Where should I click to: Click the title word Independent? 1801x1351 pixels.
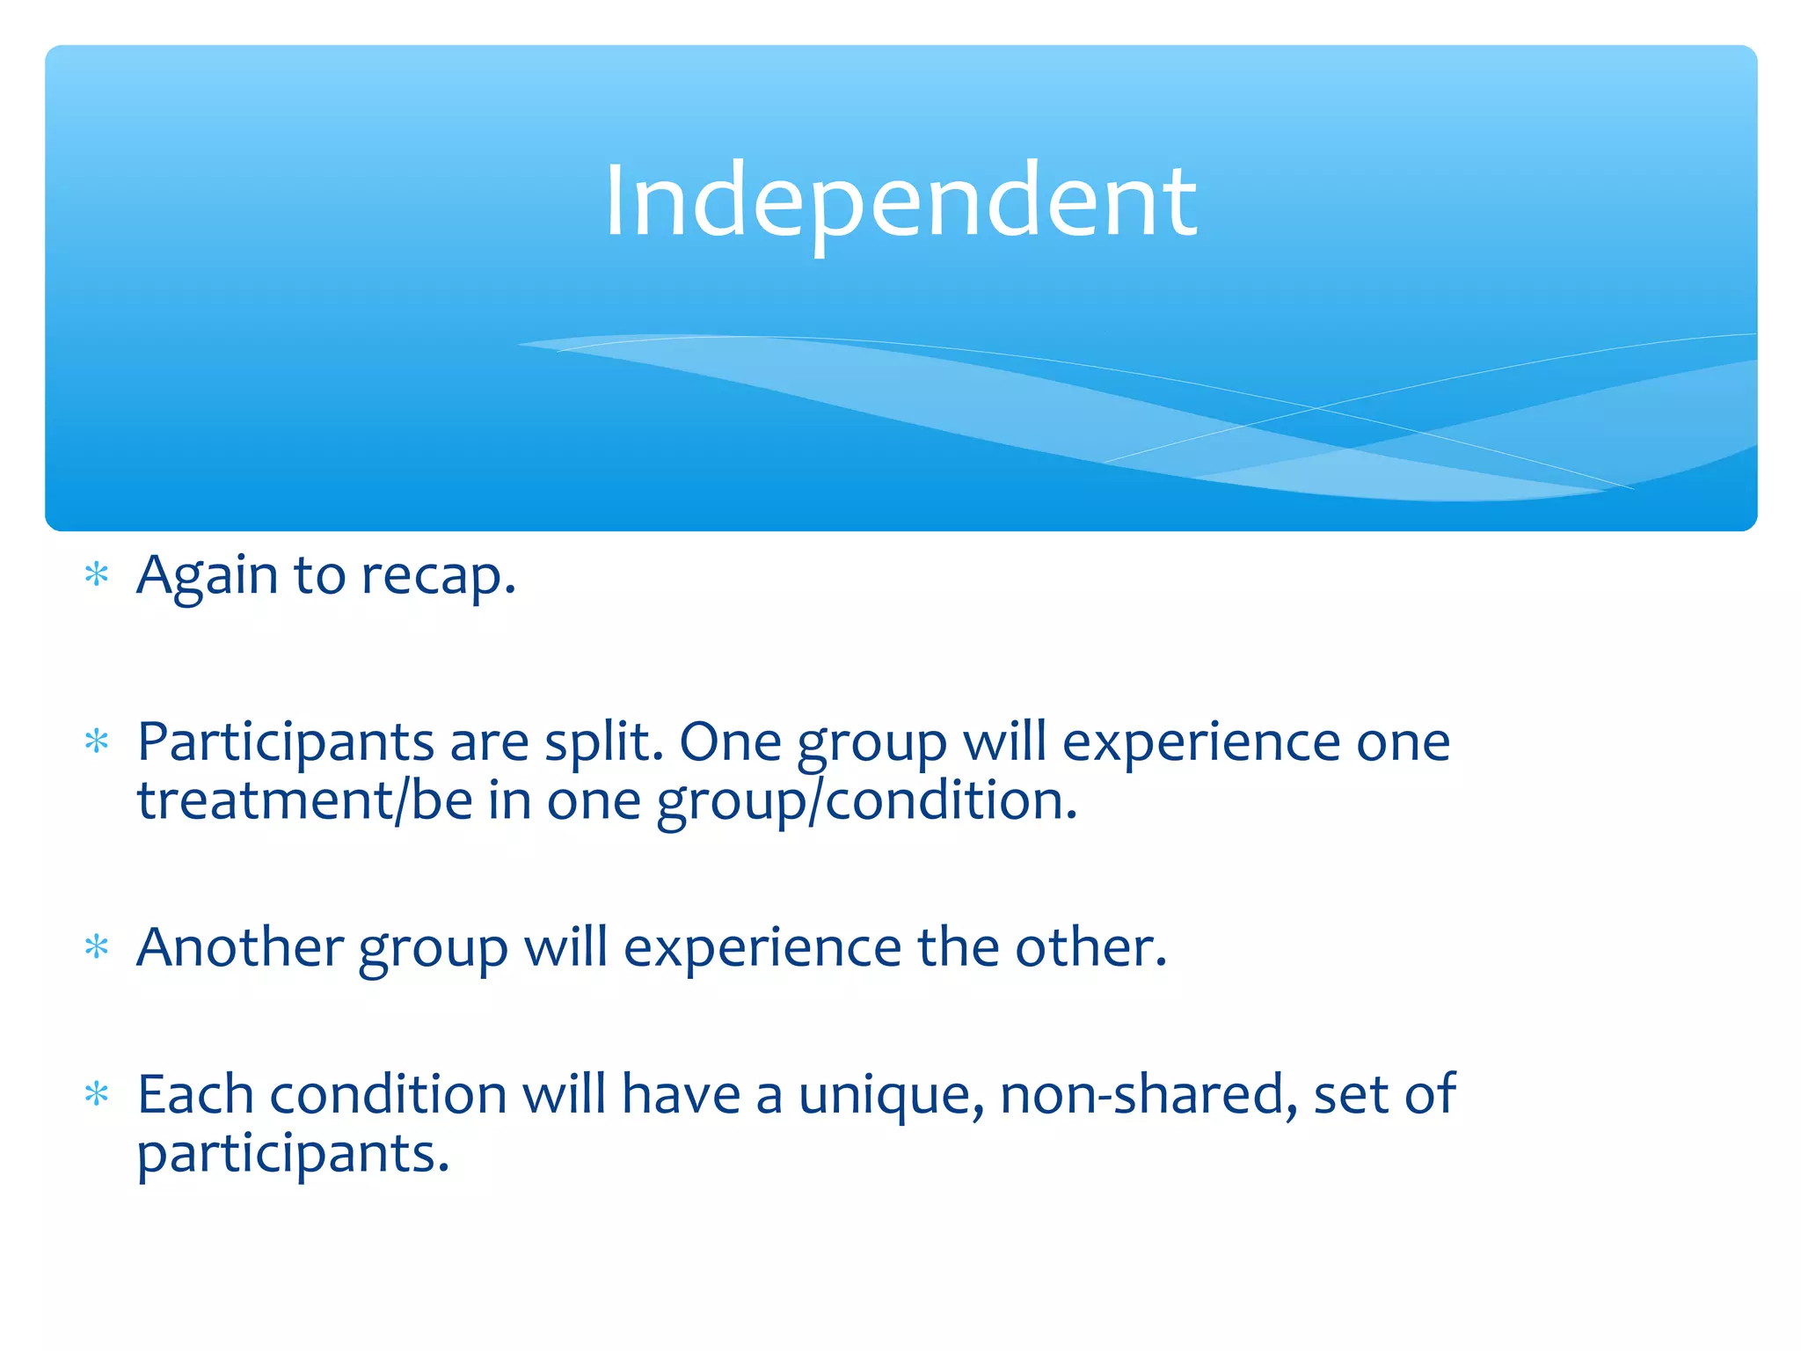(900, 202)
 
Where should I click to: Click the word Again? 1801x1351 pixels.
(207, 577)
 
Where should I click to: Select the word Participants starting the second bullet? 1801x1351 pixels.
(285, 743)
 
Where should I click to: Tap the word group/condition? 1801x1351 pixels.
(866, 802)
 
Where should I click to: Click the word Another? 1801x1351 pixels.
(239, 948)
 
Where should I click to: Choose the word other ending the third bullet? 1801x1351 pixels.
(1090, 948)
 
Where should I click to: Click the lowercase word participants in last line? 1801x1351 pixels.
(292, 1155)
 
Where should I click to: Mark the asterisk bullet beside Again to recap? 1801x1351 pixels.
(97, 576)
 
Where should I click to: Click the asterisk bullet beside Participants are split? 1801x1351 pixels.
(97, 742)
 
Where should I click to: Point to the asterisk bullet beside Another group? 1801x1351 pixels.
(97, 948)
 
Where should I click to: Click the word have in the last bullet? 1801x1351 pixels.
(681, 1095)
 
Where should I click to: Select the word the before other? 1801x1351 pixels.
(957, 948)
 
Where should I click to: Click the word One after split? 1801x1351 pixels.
(729, 743)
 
